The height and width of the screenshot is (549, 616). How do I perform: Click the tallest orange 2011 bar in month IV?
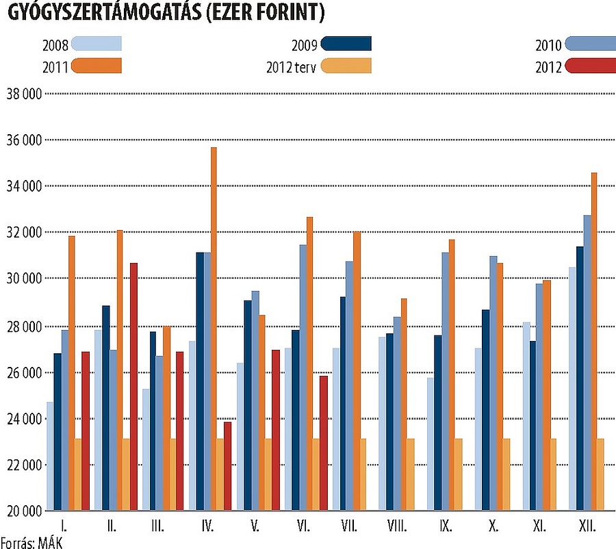coord(214,329)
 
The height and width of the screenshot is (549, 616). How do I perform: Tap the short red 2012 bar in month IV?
coord(228,466)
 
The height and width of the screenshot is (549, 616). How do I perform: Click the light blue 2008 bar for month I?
coord(50,456)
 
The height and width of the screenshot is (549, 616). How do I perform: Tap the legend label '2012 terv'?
coord(291,67)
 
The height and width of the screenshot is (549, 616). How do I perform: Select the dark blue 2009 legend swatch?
coord(346,44)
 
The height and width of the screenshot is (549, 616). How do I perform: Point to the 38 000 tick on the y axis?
coord(23,94)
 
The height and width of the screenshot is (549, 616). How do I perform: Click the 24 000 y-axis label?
coord(23,419)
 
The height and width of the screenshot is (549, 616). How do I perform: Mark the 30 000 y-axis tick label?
coord(23,279)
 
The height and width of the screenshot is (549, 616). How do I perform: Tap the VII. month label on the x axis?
coord(349,527)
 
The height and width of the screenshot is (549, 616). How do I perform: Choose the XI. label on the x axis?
coord(539,527)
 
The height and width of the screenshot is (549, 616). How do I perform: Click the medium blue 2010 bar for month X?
coord(493,383)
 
